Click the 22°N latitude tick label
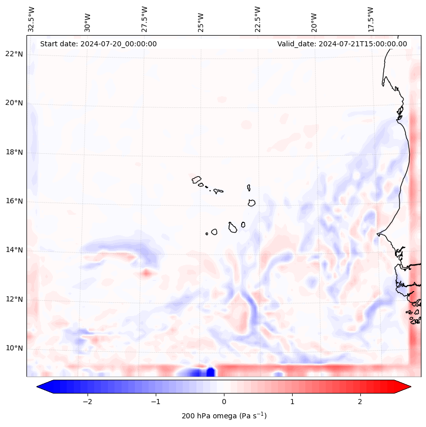tap(14, 54)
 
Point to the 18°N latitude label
tap(14, 152)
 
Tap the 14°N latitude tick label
tap(14, 250)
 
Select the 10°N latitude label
tap(14, 348)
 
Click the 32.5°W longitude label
tap(32, 19)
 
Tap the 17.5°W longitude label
tap(371, 19)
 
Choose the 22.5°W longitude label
tap(258, 19)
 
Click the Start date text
tap(98, 44)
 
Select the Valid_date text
tap(342, 44)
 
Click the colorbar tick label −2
tap(87, 401)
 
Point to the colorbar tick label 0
tap(224, 401)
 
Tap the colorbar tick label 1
tap(292, 401)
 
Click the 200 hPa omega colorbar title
tap(224, 416)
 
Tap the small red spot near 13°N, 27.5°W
tap(147, 273)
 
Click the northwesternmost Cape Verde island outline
tap(196, 179)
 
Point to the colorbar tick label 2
tap(360, 401)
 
